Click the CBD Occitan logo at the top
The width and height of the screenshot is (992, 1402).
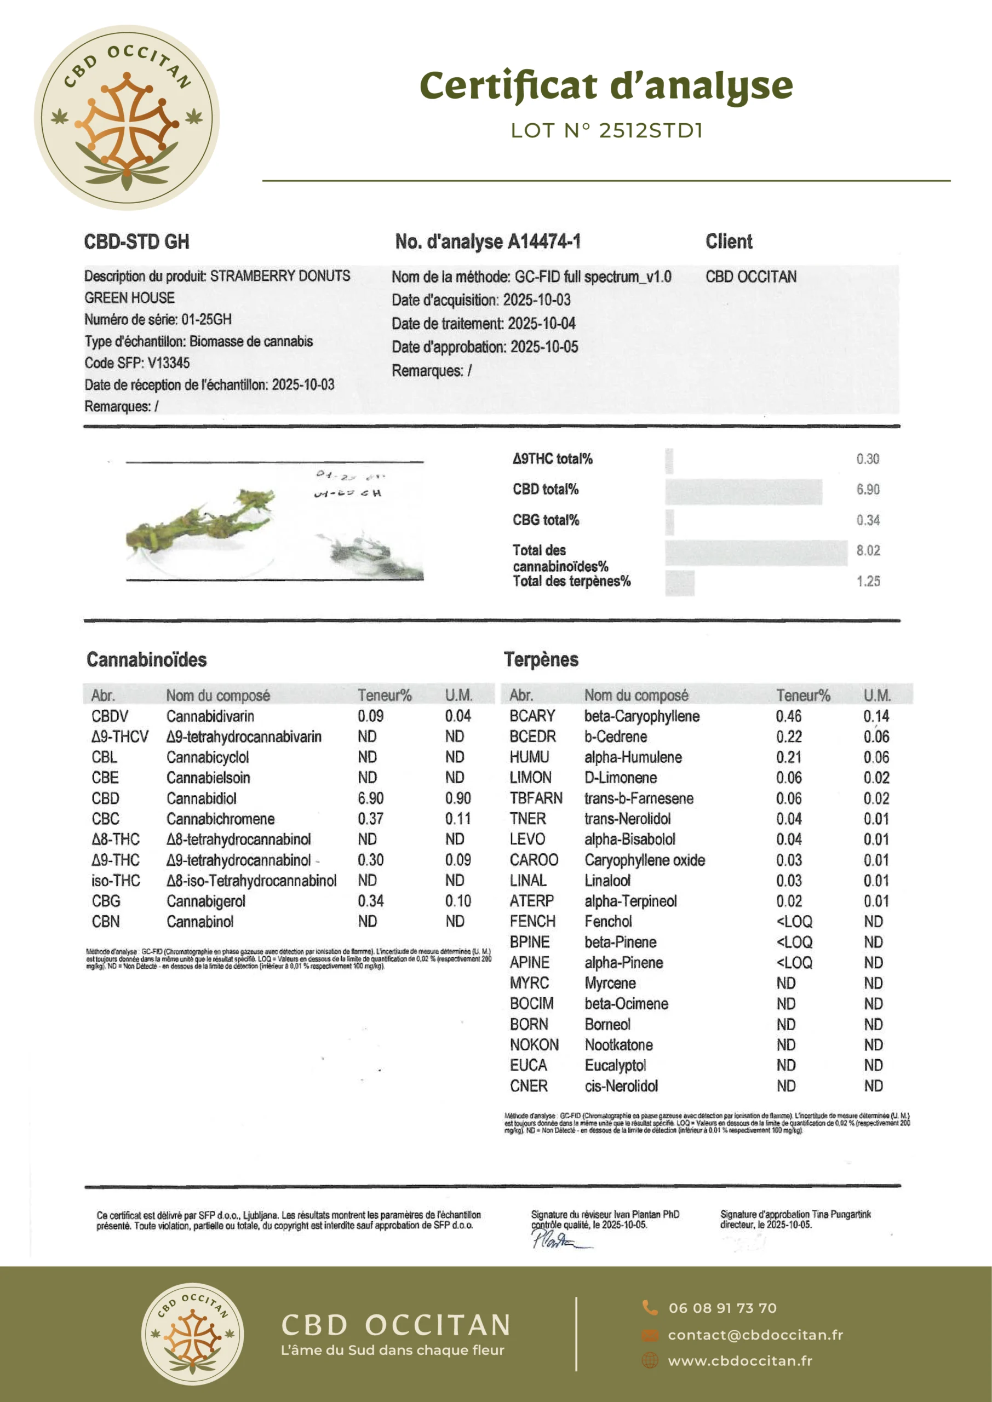coord(127,118)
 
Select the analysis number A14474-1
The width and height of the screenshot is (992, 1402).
coord(543,242)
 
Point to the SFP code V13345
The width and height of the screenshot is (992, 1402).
coord(169,363)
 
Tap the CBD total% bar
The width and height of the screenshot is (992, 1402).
coord(743,492)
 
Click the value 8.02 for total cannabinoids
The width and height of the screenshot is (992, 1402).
coord(868,551)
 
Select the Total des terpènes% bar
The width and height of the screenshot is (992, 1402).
coord(679,583)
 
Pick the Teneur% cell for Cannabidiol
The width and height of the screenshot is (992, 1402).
coord(370,798)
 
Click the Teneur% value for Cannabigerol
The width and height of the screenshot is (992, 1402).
coord(370,901)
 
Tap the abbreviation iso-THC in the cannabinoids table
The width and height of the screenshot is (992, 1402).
coord(116,881)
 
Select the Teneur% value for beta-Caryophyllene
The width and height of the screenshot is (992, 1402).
coord(789,716)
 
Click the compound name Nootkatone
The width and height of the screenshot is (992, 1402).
coord(618,1045)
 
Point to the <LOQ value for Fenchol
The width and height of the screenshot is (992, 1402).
coord(794,922)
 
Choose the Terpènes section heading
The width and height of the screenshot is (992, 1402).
coord(541,659)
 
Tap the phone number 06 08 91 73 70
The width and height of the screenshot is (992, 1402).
coord(722,1308)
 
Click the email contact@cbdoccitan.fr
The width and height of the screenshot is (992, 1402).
coord(755,1335)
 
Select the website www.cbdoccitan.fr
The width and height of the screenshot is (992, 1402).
coord(739,1361)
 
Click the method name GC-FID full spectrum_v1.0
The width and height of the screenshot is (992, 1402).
coord(593,277)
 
